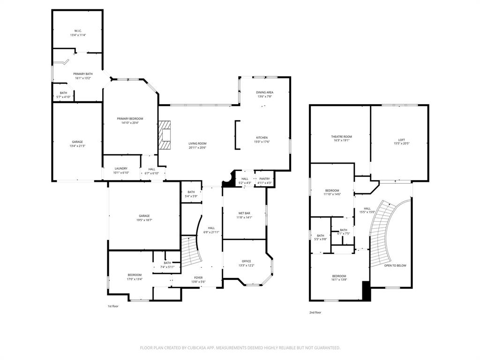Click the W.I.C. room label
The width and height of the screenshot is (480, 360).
pyautogui.click(x=78, y=31)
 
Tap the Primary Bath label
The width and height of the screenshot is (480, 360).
pyautogui.click(x=82, y=74)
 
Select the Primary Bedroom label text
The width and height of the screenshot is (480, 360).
pyautogui.click(x=130, y=119)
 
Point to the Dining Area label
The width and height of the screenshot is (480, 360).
pyautogui.click(x=264, y=92)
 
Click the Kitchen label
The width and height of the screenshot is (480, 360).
pyautogui.click(x=262, y=137)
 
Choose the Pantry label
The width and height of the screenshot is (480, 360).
pyautogui.click(x=264, y=179)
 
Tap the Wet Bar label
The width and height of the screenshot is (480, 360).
pyautogui.click(x=245, y=213)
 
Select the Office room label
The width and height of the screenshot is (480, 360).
pyautogui.click(x=246, y=261)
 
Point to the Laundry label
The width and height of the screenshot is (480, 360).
pyautogui.click(x=121, y=169)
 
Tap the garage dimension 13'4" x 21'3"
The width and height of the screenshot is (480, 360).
pyautogui.click(x=77, y=146)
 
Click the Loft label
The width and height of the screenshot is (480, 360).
pyautogui.click(x=401, y=140)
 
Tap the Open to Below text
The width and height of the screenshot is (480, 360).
pyautogui.click(x=395, y=265)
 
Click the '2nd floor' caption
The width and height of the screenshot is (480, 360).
pyautogui.click(x=315, y=312)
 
